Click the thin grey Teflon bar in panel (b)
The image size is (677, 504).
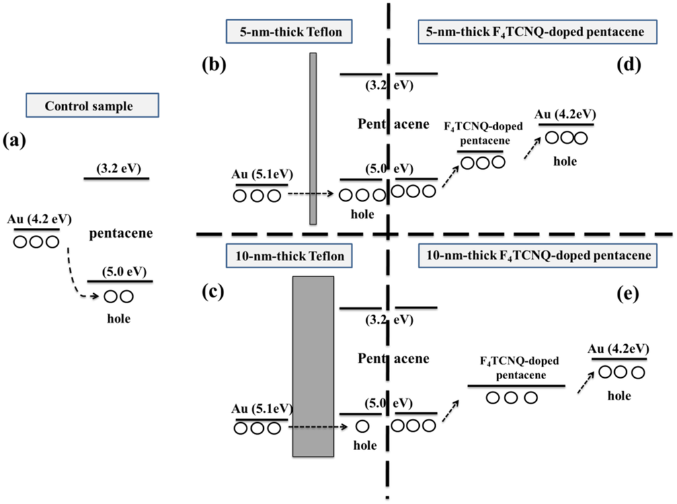pyautogui.click(x=313, y=138)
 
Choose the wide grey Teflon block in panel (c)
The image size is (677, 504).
pyautogui.click(x=313, y=366)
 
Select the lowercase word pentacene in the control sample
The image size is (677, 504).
pyautogui.click(x=122, y=233)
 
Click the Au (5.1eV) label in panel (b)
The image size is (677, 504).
pyautogui.click(x=262, y=174)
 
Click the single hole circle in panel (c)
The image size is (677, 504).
pyautogui.click(x=362, y=427)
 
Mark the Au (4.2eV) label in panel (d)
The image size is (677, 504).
pyautogui.click(x=565, y=114)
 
